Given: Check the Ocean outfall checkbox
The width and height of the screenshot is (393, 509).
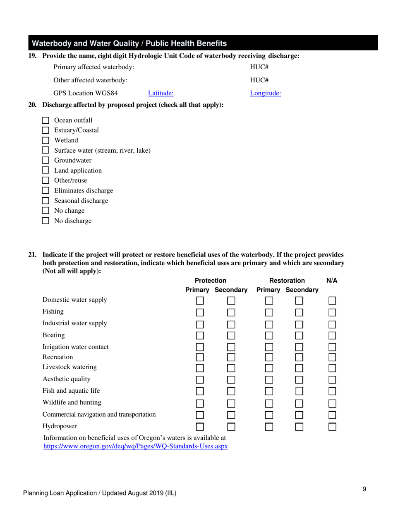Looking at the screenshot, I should pyautogui.click(x=46, y=120).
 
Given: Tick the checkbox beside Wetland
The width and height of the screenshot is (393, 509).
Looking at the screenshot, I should pyautogui.click(x=46, y=140).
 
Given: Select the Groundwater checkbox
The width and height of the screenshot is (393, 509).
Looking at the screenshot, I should pyautogui.click(x=46, y=161).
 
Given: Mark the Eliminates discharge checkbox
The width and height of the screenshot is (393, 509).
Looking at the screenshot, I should pyautogui.click(x=46, y=191).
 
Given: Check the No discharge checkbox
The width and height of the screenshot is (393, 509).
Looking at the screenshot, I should pyautogui.click(x=46, y=221).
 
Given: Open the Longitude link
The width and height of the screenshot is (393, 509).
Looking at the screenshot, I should pyautogui.click(x=266, y=93).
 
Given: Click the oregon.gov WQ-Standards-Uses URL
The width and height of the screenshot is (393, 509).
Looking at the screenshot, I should pyautogui.click(x=136, y=447).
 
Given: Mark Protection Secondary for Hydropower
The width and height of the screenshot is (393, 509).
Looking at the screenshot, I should pyautogui.click(x=231, y=426).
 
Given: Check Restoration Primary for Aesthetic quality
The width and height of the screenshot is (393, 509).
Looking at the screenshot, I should pyautogui.click(x=269, y=379).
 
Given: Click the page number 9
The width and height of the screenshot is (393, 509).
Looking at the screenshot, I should pyautogui.click(x=364, y=489).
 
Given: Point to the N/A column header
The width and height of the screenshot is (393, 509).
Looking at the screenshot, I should pyautogui.click(x=332, y=281).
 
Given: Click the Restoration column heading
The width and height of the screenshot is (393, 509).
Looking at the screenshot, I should pyautogui.click(x=287, y=281).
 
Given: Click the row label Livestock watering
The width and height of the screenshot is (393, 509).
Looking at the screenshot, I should pyautogui.click(x=69, y=367).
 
